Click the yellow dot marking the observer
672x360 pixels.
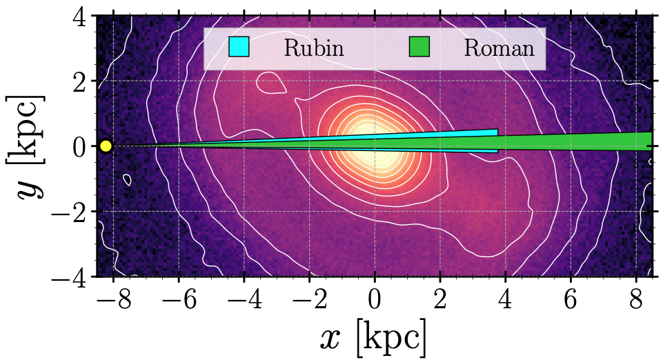[x=106, y=146]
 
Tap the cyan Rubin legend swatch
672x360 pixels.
[x=238, y=48]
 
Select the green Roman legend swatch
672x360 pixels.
[x=419, y=48]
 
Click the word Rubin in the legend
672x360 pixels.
[x=313, y=48]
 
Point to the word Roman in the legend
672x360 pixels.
[x=499, y=48]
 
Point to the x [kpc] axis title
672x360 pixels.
[x=373, y=338]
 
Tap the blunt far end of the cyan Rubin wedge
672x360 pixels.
[x=497, y=141]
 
